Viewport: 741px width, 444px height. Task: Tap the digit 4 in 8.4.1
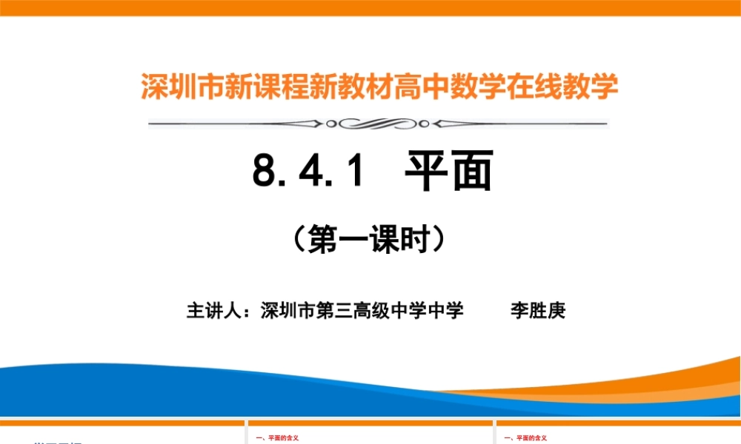310,172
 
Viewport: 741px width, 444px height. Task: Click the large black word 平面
448,172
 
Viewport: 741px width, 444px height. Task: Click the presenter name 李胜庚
538,311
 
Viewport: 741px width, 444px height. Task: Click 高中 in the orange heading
439,87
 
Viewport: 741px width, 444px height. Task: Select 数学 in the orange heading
492,87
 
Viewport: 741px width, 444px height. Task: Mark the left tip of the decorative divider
150,123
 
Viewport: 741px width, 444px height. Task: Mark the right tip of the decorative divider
605,123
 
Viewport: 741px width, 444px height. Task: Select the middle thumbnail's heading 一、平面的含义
277,438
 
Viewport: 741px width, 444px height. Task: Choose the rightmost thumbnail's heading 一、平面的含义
526,438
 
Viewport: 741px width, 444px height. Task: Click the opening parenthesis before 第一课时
298,240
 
